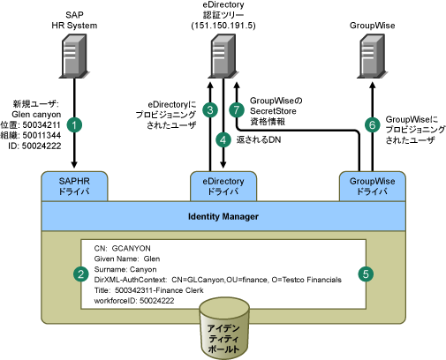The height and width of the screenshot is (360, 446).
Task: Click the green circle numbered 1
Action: [x=74, y=125]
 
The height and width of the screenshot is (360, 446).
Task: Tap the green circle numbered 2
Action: [x=80, y=274]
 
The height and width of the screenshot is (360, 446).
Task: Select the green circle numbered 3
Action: [x=210, y=110]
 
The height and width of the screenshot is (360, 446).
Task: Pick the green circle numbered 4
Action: [x=223, y=139]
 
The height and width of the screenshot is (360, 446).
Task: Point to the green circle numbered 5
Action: [x=366, y=274]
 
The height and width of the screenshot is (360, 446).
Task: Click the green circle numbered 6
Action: [x=373, y=125]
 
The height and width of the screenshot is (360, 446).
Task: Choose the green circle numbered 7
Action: [x=237, y=110]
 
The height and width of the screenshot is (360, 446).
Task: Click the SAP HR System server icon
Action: [x=74, y=56]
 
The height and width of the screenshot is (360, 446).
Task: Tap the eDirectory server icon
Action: [x=223, y=56]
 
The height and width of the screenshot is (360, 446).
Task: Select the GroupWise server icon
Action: [x=372, y=56]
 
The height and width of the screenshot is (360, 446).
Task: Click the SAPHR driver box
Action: [x=74, y=186]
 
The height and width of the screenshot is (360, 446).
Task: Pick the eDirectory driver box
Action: [x=223, y=186]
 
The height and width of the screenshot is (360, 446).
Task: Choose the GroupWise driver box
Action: [x=373, y=186]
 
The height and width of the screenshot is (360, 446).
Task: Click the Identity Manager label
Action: [x=223, y=217]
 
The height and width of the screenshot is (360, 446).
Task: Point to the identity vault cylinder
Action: [x=224, y=328]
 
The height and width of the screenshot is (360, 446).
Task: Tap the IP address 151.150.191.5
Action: [x=223, y=26]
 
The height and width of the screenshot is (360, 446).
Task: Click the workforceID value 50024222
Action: [x=157, y=301]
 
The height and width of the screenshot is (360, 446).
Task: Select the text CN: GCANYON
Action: [x=122, y=249]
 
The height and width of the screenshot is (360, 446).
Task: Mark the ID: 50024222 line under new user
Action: [x=34, y=146]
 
